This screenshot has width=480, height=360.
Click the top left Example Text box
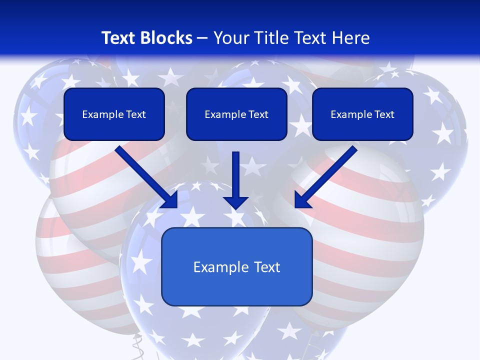[x=114, y=114]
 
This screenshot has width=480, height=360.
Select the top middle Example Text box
[x=236, y=114]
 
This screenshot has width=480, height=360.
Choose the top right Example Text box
[x=362, y=114]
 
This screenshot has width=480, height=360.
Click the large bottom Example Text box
[x=236, y=266]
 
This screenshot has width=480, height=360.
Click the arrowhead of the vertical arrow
[x=236, y=202]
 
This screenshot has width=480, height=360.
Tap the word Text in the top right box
[x=384, y=114]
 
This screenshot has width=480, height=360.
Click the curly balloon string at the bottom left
[x=136, y=345]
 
